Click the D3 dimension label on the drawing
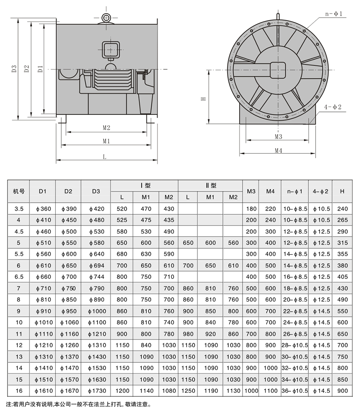click(x=14, y=69)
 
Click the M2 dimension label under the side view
click(x=106, y=127)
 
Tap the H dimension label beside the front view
click(x=204, y=98)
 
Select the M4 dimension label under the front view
click(x=278, y=150)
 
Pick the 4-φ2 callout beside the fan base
click(x=334, y=107)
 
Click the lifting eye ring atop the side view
click(x=107, y=18)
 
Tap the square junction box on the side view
click(x=111, y=50)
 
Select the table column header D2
click(x=68, y=191)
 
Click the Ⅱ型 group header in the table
click(x=211, y=185)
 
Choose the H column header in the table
click(x=342, y=191)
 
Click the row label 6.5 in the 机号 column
click(x=19, y=277)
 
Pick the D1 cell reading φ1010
click(x=43, y=322)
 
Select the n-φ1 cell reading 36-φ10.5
click(x=295, y=390)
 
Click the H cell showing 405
click(x=342, y=277)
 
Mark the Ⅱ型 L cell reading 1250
click(x=188, y=390)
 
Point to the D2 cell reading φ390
click(x=69, y=209)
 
